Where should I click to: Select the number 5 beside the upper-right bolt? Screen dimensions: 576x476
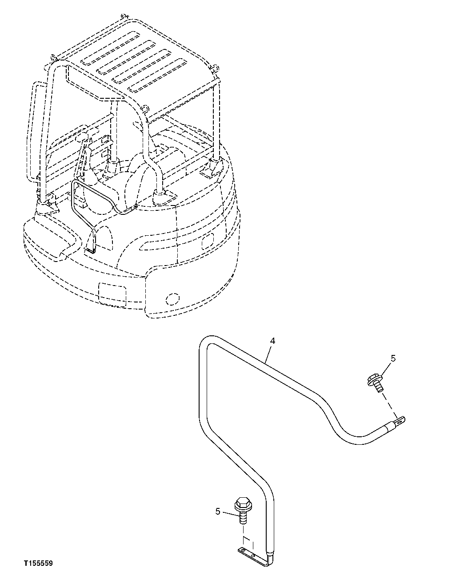click(393, 358)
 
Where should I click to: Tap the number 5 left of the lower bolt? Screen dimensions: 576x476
click(218, 512)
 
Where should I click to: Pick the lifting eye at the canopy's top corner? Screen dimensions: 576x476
click(53, 57)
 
